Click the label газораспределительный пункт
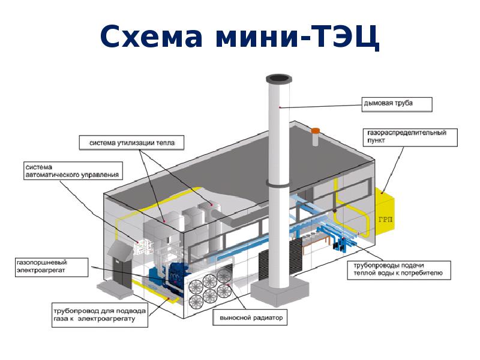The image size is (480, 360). pyautogui.click(x=407, y=136)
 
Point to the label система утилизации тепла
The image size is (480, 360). pyautogui.click(x=132, y=143)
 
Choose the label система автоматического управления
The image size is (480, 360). pyautogui.click(x=72, y=170)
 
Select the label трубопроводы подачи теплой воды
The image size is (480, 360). pyautogui.click(x=396, y=269)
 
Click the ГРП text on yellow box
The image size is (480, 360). pyautogui.click(x=386, y=220)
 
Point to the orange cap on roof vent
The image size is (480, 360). pyautogui.click(x=316, y=130)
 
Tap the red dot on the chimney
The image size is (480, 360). pyautogui.click(x=280, y=107)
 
